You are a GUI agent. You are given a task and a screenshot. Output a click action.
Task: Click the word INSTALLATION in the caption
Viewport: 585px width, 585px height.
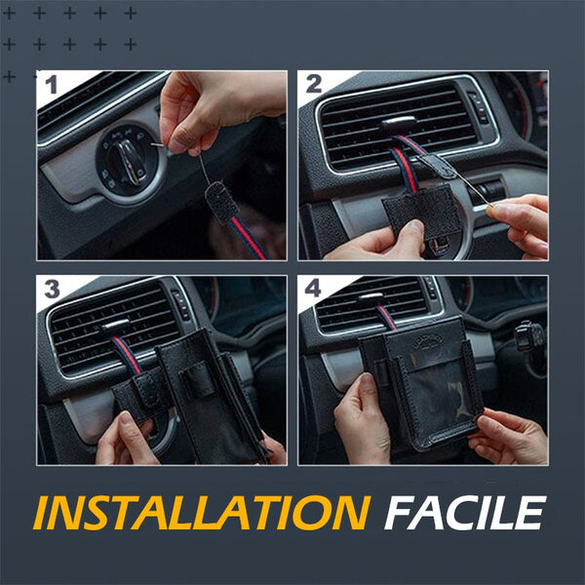coord(202,513)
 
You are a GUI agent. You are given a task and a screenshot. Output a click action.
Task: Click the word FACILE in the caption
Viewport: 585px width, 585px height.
coord(464,513)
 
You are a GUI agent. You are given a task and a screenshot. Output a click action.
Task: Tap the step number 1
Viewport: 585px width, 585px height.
coord(51,85)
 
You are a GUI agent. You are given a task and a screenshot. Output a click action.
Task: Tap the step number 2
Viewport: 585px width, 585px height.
coord(313,84)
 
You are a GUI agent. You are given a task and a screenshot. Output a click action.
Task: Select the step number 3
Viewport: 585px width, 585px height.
coord(52,289)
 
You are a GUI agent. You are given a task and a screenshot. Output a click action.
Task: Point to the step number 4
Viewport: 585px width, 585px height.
coord(313,289)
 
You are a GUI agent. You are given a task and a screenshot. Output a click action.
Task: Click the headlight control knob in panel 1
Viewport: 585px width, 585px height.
coord(128,161)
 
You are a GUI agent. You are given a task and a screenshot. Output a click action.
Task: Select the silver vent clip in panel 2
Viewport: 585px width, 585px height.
coord(399,123)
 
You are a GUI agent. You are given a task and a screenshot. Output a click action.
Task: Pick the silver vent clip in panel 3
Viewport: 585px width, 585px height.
coord(115,326)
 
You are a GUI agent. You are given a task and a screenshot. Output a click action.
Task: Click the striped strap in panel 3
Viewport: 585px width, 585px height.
coord(126,354)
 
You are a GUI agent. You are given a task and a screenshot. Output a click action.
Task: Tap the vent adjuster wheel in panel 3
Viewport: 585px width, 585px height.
coord(181,304)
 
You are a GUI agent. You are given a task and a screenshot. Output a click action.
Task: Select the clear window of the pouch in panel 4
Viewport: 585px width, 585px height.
coord(433,396)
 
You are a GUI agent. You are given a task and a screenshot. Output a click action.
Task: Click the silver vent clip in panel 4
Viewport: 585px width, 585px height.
coord(370,297)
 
